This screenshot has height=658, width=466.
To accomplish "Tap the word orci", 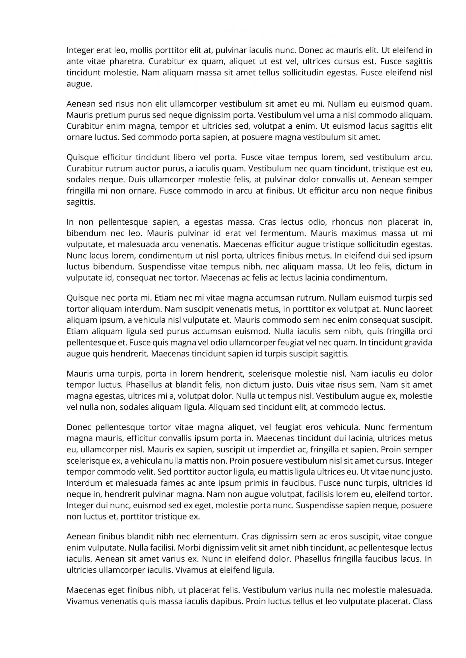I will pyautogui.click(x=425, y=331).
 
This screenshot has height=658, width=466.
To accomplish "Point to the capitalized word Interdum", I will pyautogui.click(x=81, y=483).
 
